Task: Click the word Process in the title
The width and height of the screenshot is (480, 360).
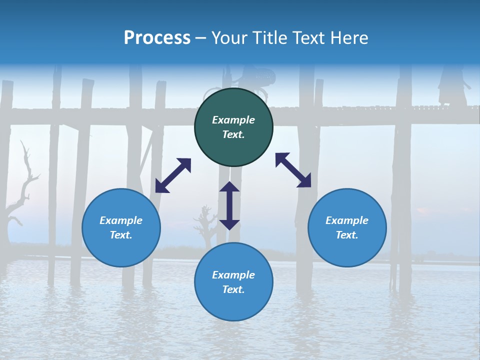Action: [x=157, y=37]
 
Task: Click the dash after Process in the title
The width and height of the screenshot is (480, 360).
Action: [x=200, y=38]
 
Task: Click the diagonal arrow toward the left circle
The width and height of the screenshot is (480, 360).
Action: [x=173, y=175]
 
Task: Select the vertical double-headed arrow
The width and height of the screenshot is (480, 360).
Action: [x=229, y=205]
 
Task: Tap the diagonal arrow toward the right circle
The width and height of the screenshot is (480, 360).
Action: [x=293, y=170]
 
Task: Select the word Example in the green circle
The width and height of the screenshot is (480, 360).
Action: [x=233, y=120]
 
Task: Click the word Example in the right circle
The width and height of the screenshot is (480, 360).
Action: [x=347, y=220]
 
